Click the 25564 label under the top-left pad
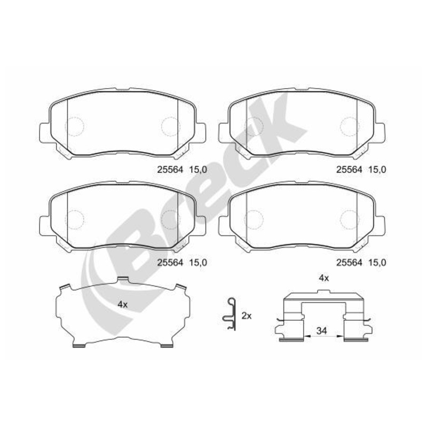[170, 170]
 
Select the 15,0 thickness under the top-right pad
[377, 170]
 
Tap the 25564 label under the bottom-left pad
[170, 263]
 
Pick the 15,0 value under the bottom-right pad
[377, 263]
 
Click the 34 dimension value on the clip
[322, 331]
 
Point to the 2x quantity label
[247, 316]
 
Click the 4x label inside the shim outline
[123, 305]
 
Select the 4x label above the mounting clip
[324, 278]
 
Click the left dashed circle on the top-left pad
[74, 126]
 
